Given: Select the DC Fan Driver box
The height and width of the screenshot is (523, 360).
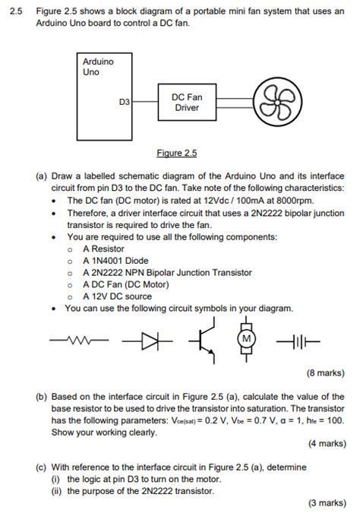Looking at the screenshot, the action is tap(187, 103).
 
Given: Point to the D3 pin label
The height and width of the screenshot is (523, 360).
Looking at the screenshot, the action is tap(125, 102).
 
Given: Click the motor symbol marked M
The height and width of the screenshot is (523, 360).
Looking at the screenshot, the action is tap(245, 340).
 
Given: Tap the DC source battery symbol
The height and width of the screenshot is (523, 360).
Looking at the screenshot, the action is tap(298, 341).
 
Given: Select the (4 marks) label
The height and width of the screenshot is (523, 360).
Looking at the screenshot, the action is tap(327, 445).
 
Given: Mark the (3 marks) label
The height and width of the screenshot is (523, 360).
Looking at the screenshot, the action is tap(327, 503).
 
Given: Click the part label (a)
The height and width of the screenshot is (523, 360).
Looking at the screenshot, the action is tap(43, 175).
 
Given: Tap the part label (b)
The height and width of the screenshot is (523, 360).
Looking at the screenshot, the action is tap(43, 397).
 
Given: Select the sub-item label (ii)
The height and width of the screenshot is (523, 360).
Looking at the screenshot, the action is tap(56, 490).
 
